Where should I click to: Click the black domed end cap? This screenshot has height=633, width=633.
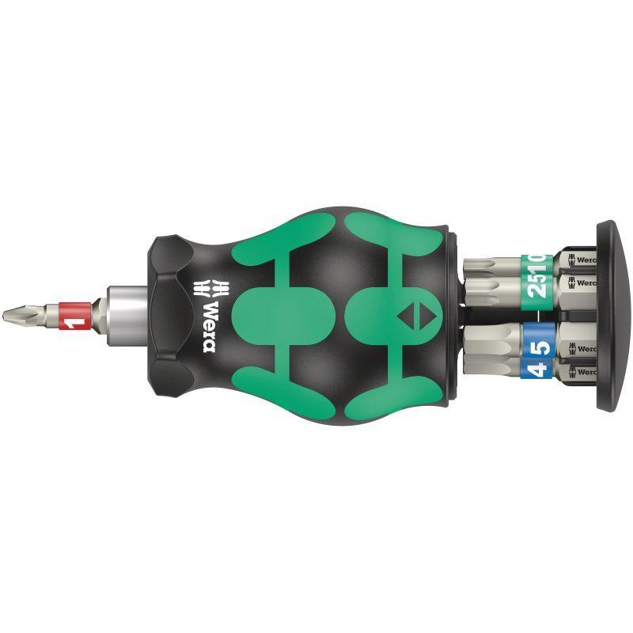point(611,316)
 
